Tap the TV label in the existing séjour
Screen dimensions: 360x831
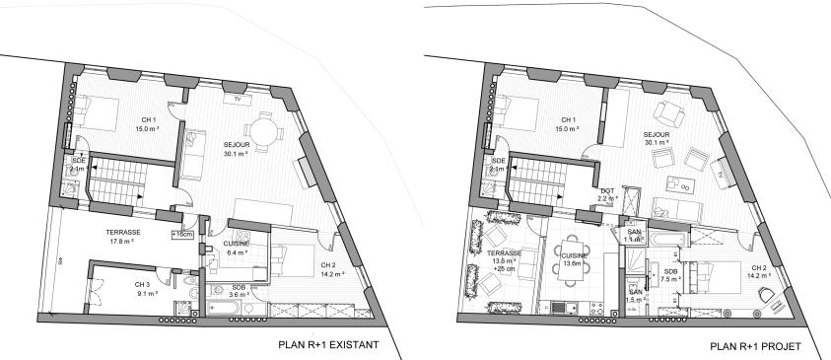(236, 99)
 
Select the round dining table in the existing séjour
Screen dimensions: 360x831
(263, 131)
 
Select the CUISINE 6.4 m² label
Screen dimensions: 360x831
(236, 248)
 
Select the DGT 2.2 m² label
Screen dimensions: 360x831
(608, 194)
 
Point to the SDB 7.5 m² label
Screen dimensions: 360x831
(670, 275)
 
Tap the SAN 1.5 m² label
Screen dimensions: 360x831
(636, 296)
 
